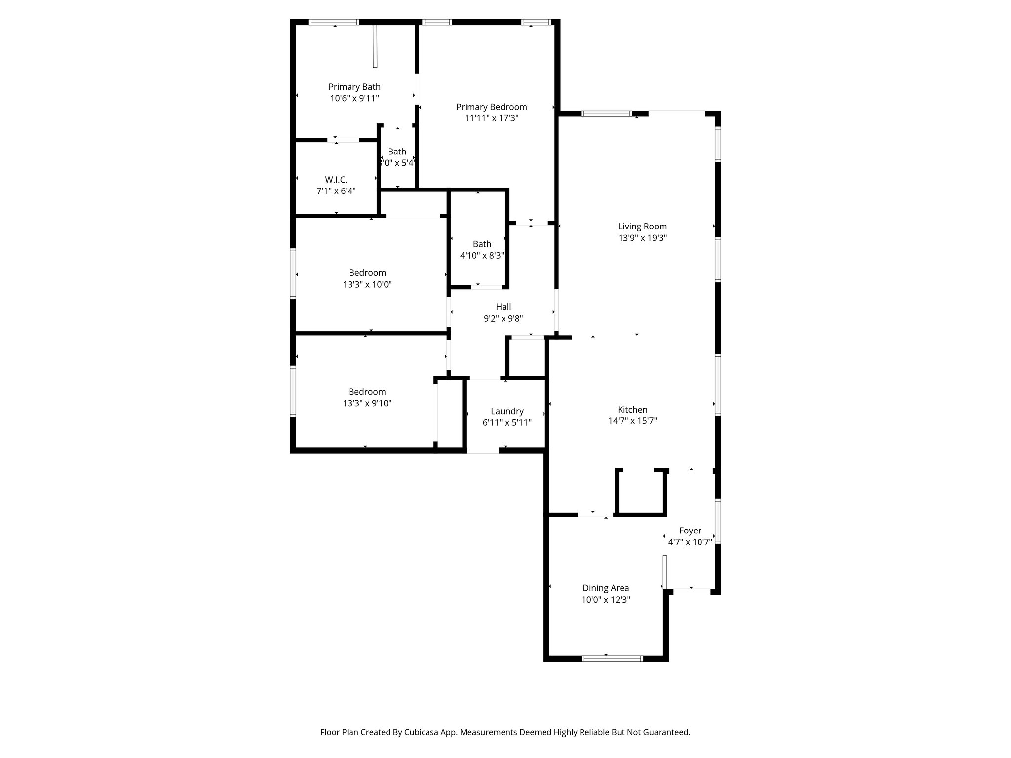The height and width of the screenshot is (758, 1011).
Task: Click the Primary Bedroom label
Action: tap(491, 107)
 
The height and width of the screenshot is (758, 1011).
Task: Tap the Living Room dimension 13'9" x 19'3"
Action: tap(642, 238)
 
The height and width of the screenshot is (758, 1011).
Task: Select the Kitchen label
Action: tap(632, 409)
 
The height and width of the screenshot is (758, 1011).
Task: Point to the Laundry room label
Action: tap(507, 411)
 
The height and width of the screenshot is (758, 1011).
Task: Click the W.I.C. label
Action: tap(336, 180)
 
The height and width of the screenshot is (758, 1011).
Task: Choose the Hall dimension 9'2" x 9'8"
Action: tap(503, 319)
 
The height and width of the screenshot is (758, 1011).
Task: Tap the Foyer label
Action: tap(690, 531)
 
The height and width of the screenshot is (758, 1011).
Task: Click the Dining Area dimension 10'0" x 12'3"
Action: tap(606, 600)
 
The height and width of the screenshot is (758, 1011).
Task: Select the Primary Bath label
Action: tap(354, 87)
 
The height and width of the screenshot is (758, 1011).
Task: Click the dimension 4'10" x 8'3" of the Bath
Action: tap(482, 256)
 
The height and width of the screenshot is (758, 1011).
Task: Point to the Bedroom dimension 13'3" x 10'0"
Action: tap(367, 285)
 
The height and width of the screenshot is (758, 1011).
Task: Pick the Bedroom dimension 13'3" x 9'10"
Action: tap(367, 403)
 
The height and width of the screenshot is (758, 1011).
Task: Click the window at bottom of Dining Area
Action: tap(613, 658)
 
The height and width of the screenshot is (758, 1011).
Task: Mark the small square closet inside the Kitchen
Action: tap(641, 493)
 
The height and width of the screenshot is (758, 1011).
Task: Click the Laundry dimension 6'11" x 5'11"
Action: tap(507, 422)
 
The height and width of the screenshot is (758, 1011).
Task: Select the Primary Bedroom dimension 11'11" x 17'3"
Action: tap(491, 118)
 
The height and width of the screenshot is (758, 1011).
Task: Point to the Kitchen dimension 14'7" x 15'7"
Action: tap(632, 421)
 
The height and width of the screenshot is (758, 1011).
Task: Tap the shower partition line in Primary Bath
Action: tap(375, 46)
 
